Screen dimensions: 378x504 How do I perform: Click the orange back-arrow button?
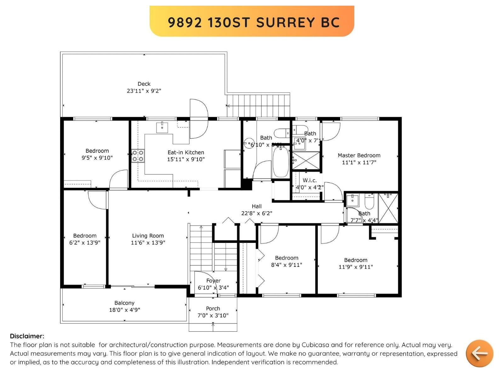tap(479, 353)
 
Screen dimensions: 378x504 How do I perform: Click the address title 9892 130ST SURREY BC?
tap(254, 22)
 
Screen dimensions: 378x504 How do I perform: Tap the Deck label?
tap(144, 84)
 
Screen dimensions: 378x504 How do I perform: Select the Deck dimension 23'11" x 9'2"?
tap(144, 91)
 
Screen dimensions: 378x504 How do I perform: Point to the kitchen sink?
tap(162, 128)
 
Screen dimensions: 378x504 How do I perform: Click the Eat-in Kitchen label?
tap(186, 152)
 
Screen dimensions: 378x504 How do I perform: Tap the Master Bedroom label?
tap(359, 155)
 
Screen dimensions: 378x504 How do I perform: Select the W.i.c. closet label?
tap(310, 180)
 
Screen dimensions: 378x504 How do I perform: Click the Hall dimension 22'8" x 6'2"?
tap(257, 213)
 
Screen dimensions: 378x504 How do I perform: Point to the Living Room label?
tap(148, 236)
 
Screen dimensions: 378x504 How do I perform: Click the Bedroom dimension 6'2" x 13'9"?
tap(85, 243)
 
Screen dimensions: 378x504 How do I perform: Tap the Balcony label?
tap(124, 303)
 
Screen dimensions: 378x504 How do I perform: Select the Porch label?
tap(213, 308)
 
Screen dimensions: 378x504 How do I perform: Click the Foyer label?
tap(213, 281)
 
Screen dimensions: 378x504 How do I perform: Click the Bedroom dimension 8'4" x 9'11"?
tap(286, 265)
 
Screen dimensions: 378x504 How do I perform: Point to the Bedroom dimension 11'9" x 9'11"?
tap(356, 267)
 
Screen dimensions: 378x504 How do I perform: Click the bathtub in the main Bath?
tap(280, 163)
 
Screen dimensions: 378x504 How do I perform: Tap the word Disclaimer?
tap(27, 336)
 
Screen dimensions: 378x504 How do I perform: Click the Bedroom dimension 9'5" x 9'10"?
tap(97, 158)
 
